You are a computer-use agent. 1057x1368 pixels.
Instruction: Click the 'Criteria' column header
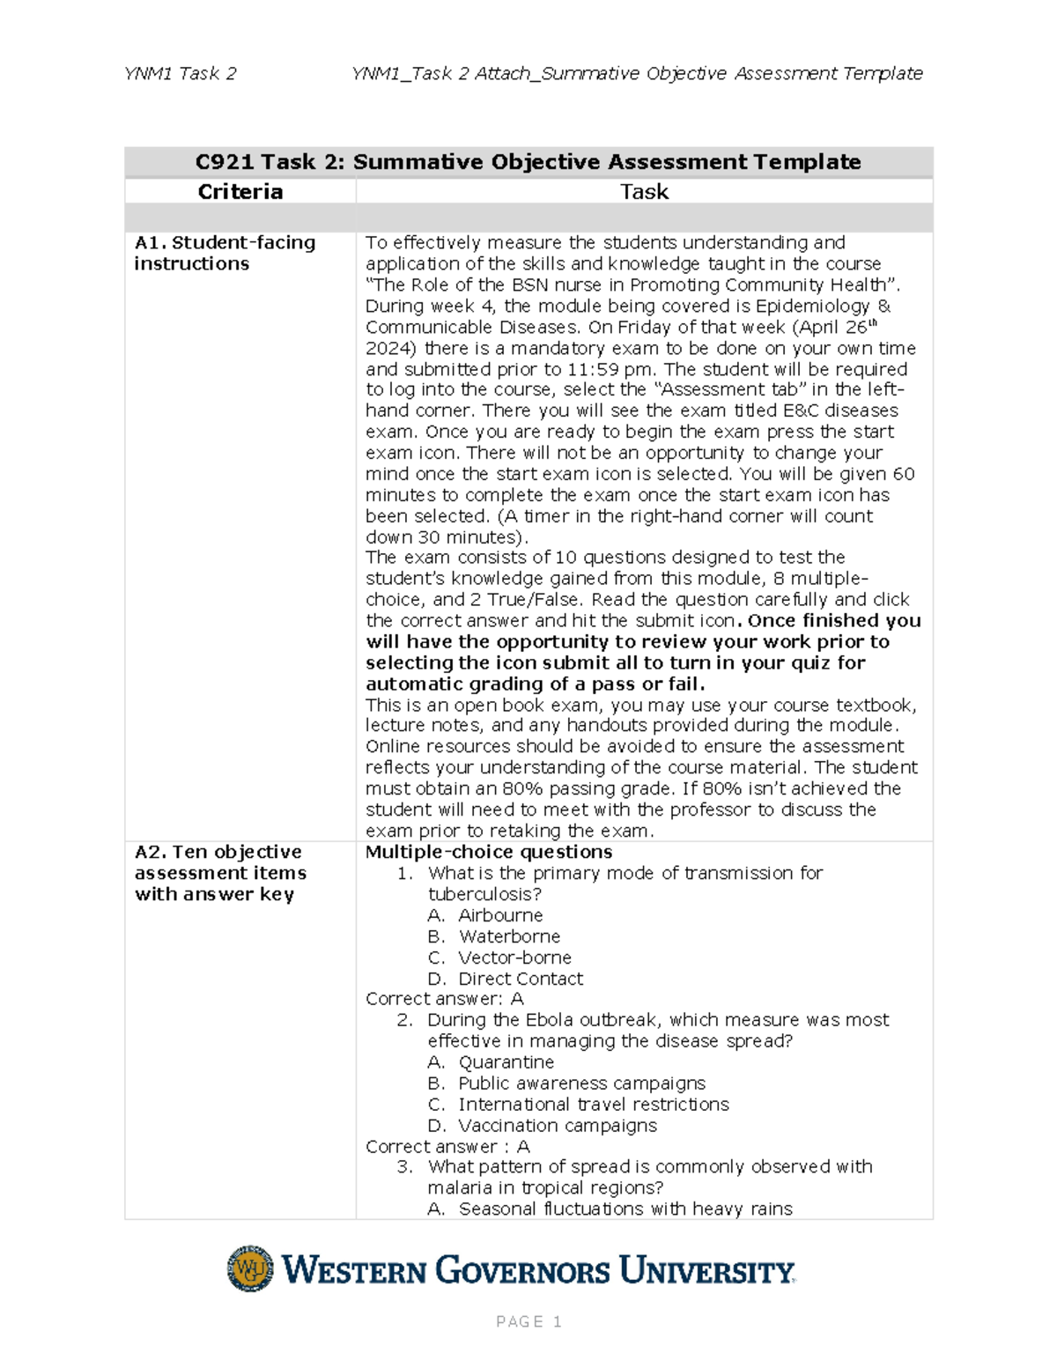(x=240, y=192)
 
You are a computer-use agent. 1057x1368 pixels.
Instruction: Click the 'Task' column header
(x=644, y=192)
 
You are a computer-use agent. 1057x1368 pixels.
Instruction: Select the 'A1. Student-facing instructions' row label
(x=224, y=253)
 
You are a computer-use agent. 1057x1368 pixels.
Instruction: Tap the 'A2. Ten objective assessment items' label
(x=220, y=873)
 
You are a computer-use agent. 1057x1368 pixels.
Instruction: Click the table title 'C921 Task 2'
(x=528, y=162)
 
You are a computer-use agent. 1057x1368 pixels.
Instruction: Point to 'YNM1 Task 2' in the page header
(x=181, y=74)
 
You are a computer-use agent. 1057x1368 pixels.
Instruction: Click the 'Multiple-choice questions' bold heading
(x=489, y=852)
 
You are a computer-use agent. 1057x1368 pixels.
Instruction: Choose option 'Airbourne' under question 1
(x=500, y=915)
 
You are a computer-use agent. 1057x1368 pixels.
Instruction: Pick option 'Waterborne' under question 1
(x=509, y=936)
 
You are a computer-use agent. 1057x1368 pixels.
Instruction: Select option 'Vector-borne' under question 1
(x=514, y=958)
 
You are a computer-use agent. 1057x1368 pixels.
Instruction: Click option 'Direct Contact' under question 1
(x=521, y=979)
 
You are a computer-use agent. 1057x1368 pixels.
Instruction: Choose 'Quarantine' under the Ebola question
(x=506, y=1062)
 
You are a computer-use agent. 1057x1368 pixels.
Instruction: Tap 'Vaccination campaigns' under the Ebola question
(x=557, y=1126)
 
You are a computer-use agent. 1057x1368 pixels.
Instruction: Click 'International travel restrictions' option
(x=593, y=1105)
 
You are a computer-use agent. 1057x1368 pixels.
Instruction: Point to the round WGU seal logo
(x=250, y=1268)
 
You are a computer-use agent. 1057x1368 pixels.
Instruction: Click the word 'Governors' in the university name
(x=522, y=1271)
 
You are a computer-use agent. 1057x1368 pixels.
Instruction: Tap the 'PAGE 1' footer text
(x=528, y=1321)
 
